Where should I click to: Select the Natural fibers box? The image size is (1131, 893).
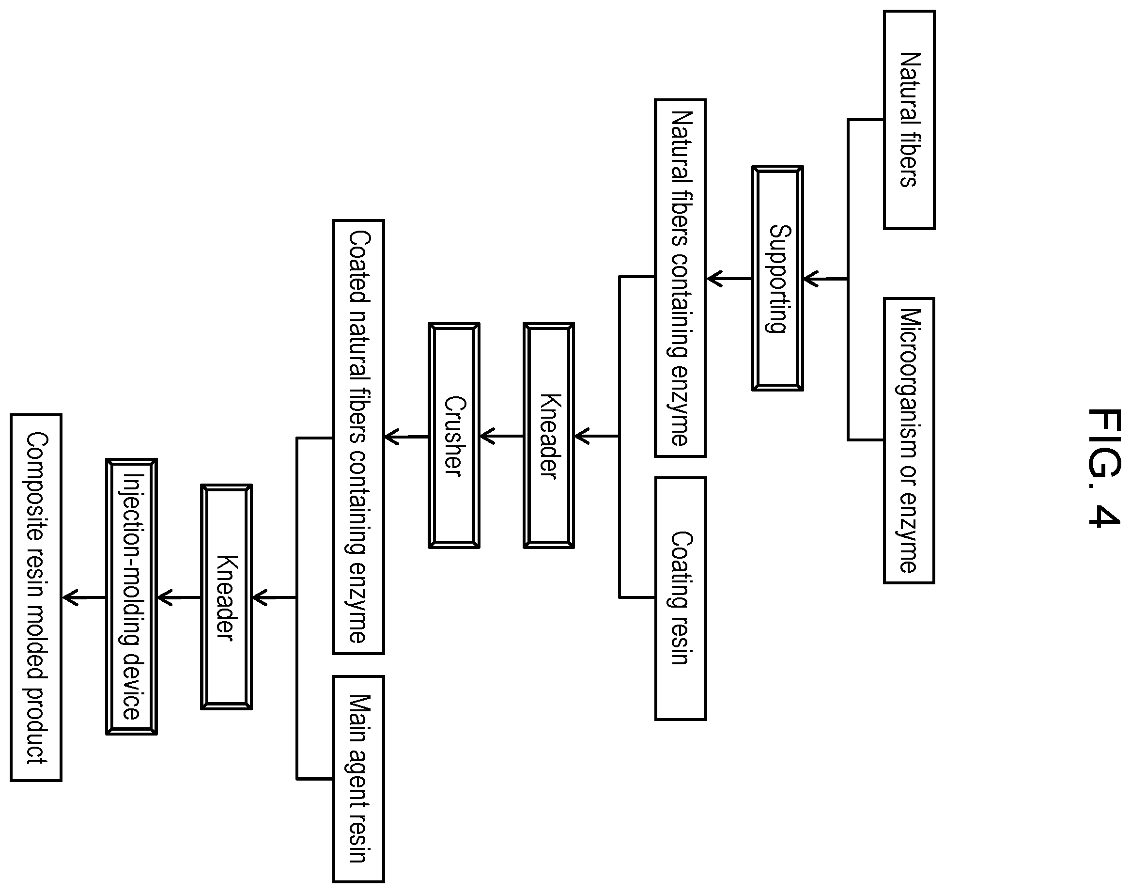[x=909, y=120]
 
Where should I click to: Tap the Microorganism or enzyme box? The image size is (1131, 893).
[x=909, y=441]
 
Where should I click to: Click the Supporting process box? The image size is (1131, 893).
[x=777, y=278]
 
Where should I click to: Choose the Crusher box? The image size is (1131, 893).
[x=454, y=436]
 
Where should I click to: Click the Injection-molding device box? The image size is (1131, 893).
[x=131, y=596]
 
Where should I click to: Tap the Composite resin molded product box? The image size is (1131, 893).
[x=36, y=597]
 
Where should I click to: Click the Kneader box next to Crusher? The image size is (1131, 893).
[x=548, y=436]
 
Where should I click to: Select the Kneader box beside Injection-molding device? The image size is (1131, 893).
[x=226, y=597]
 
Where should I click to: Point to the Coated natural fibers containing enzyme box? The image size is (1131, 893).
[x=358, y=437]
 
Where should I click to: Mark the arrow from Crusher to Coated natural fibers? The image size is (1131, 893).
[x=406, y=437]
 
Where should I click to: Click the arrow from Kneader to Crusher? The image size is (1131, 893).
[x=501, y=436]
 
